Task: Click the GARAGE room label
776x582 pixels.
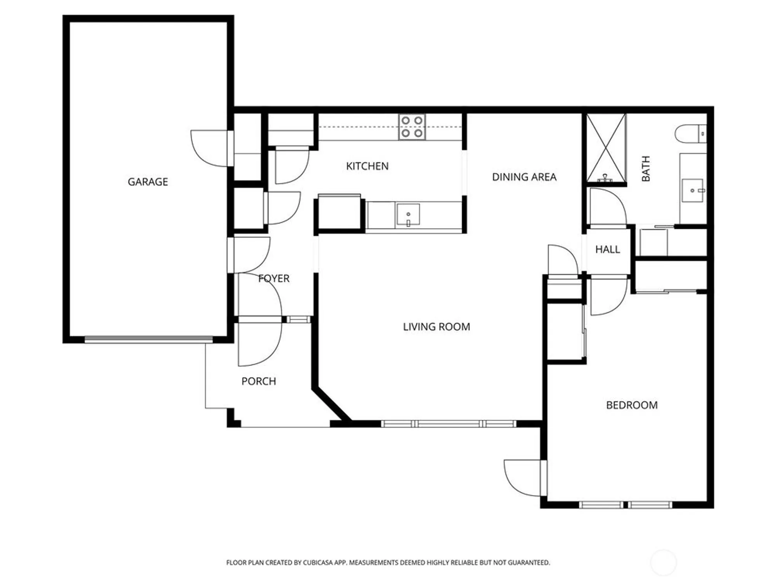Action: (148, 182)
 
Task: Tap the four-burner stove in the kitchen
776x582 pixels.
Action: (412, 127)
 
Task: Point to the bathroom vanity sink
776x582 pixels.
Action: (693, 191)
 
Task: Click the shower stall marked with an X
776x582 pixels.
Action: (606, 147)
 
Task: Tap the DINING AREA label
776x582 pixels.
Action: (524, 177)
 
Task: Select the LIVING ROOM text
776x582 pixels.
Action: (436, 327)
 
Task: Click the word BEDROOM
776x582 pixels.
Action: (632, 405)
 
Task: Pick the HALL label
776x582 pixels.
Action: (608, 249)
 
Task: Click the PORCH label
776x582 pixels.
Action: (259, 381)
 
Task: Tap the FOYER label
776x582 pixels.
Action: (274, 278)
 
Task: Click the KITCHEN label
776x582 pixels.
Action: (367, 166)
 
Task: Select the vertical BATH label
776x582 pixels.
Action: (646, 168)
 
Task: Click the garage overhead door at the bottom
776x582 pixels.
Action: (149, 339)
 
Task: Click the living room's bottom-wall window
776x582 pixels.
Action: (449, 424)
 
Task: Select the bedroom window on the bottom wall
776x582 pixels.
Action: (626, 505)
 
